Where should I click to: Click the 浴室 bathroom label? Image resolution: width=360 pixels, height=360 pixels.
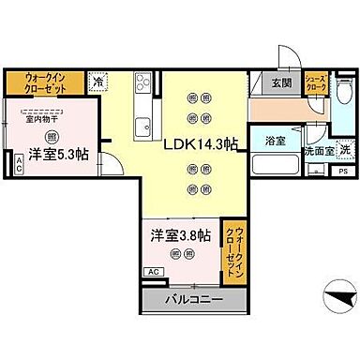coord(275,141)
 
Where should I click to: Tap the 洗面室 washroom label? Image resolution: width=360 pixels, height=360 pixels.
coord(316,151)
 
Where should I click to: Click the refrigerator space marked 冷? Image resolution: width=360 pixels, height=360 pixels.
coord(98,82)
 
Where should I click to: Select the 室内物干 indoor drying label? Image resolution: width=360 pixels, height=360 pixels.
coord(40,118)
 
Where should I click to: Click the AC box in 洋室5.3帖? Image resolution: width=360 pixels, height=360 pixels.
coord(20,165)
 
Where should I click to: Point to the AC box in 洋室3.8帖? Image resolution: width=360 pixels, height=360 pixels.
coord(153,271)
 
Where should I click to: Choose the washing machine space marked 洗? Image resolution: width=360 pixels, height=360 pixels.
coord(343,151)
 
